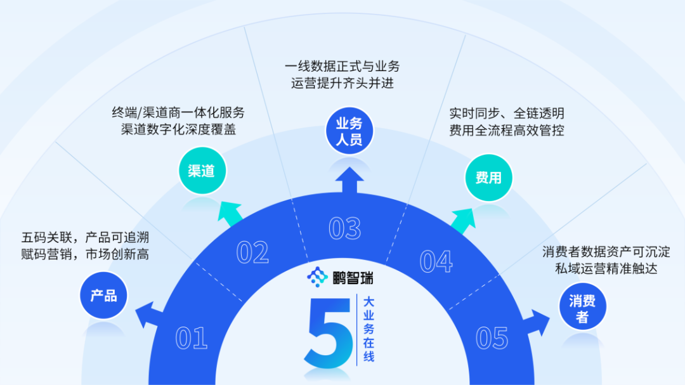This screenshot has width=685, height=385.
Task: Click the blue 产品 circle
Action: click(x=103, y=296)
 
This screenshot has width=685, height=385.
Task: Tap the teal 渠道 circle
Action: click(x=202, y=171)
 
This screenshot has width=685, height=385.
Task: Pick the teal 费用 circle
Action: click(x=488, y=178)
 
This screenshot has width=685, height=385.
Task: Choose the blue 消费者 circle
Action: click(x=582, y=308)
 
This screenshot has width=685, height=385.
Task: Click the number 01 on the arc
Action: click(x=192, y=338)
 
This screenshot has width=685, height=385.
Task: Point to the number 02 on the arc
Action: click(x=252, y=252)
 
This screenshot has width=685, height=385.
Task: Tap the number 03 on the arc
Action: click(x=345, y=228)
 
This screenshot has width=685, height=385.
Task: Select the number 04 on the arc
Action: click(x=436, y=261)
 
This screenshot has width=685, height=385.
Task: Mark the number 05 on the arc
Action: click(x=492, y=338)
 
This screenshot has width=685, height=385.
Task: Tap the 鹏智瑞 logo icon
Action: click(x=317, y=277)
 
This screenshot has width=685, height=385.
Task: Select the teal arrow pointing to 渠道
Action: click(x=231, y=213)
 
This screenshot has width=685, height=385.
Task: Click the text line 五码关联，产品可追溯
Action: click(x=86, y=238)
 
